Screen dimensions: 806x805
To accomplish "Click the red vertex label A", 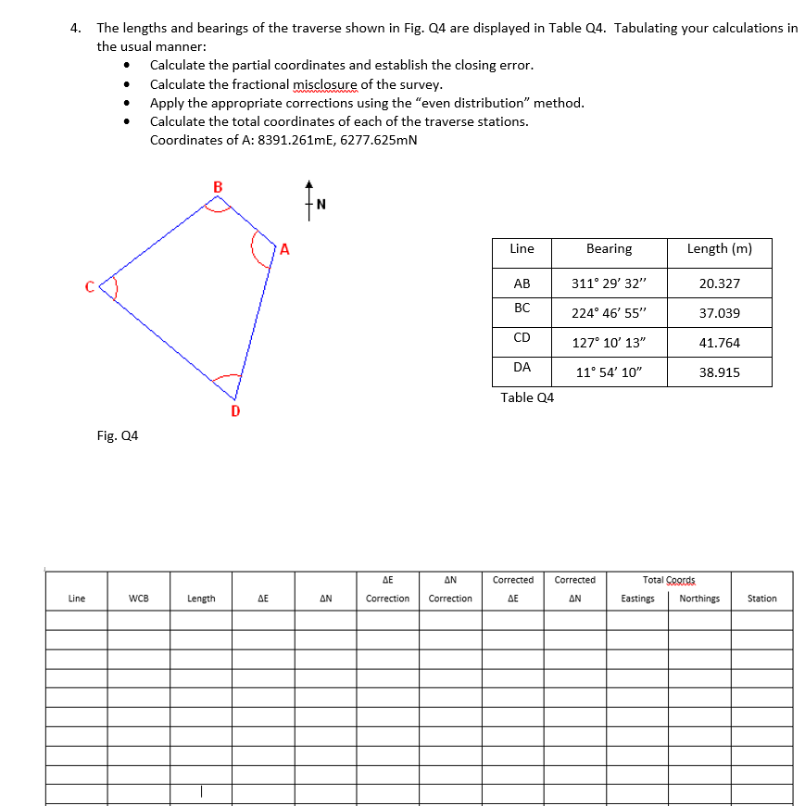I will point(285,248).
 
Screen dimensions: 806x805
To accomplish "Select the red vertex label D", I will point(235,409).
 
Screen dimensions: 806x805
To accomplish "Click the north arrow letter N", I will point(321,205).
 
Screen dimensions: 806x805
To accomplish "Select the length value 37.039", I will point(719,313).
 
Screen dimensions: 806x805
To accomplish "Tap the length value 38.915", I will point(719,372).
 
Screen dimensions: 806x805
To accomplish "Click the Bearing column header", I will point(609,249).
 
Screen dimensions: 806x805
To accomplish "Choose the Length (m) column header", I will point(719,249).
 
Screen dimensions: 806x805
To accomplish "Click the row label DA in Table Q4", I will point(522,367).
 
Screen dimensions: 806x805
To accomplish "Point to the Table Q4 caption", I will point(527,397).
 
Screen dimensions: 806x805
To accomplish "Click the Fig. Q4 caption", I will point(118,435).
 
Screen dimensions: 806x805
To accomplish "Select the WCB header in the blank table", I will point(139,598).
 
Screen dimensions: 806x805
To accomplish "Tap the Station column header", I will point(761,598).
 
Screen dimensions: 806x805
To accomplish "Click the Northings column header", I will point(699,598).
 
